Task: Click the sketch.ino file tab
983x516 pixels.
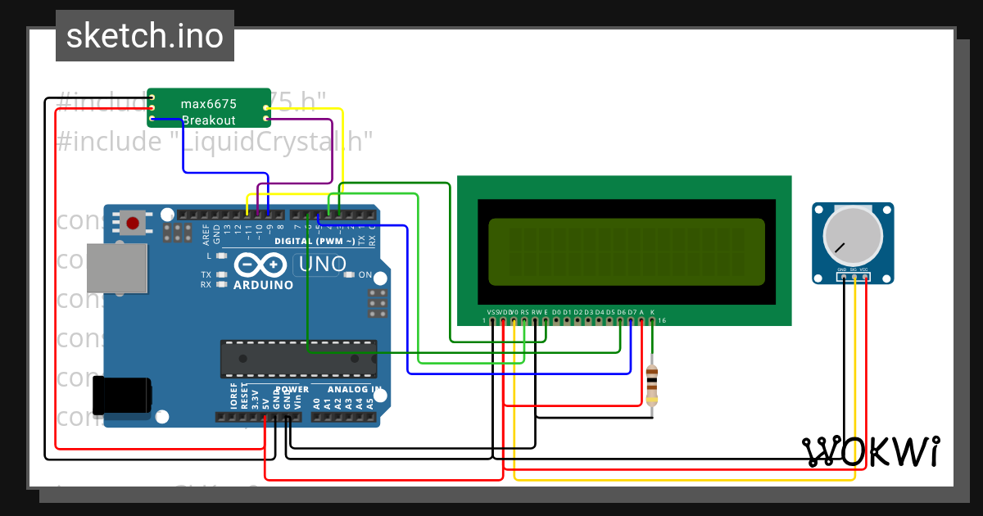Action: pyautogui.click(x=145, y=36)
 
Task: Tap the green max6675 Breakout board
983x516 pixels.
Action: pyautogui.click(x=209, y=107)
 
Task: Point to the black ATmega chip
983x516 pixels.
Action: pyautogui.click(x=298, y=358)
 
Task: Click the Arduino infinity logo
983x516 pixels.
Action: pyautogui.click(x=263, y=266)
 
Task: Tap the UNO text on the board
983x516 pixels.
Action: pyautogui.click(x=323, y=264)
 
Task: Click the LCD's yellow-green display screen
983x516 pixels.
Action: pyautogui.click(x=626, y=250)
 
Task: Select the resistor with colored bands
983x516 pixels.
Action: pyautogui.click(x=652, y=384)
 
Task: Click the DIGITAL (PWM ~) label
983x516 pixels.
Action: pyautogui.click(x=315, y=242)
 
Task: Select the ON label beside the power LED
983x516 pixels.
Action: pyautogui.click(x=365, y=275)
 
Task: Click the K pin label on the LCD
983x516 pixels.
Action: pyautogui.click(x=652, y=312)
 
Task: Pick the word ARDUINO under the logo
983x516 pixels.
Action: pyautogui.click(x=263, y=285)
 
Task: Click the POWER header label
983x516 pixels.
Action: pyautogui.click(x=292, y=390)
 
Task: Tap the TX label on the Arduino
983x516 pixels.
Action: pyautogui.click(x=206, y=274)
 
